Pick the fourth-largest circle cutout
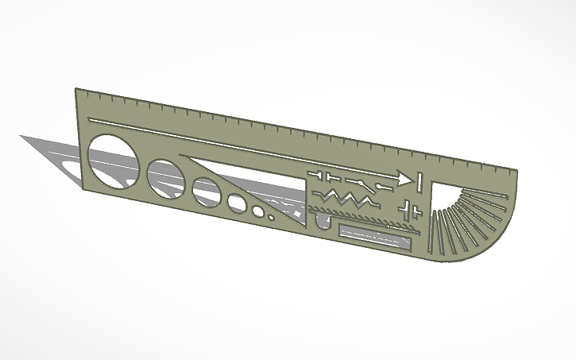[x=237, y=203]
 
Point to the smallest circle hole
[x=272, y=215]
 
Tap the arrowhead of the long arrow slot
[x=405, y=179]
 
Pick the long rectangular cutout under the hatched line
[x=373, y=235]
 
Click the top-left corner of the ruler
[x=76, y=90]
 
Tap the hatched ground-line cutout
[x=358, y=215]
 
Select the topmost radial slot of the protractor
[x=477, y=192]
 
